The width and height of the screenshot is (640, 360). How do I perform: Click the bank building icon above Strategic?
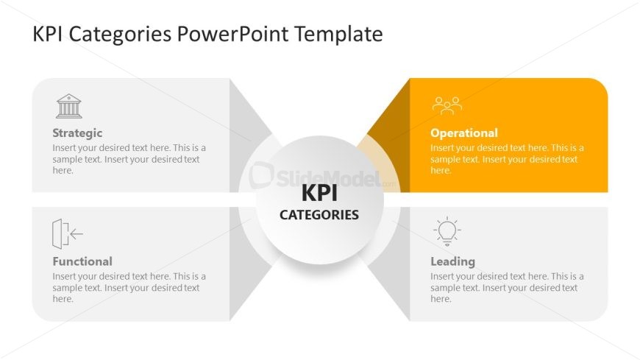tap(69, 106)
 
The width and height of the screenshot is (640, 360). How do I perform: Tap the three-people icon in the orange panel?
tap(447, 105)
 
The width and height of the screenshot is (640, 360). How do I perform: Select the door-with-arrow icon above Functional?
tap(68, 233)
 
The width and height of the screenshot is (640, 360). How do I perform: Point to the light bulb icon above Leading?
tap(447, 231)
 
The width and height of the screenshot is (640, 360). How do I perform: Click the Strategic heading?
tap(77, 133)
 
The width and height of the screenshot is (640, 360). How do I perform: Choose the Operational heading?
tap(464, 133)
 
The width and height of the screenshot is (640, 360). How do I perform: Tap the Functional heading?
tap(82, 261)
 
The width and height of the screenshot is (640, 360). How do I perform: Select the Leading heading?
tap(452, 261)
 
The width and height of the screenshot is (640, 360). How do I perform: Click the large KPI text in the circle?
tap(319, 193)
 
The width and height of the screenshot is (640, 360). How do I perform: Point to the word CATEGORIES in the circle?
tap(319, 215)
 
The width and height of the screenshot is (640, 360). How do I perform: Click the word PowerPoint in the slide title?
tap(232, 34)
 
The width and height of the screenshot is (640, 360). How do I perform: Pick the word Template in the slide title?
tap(338, 35)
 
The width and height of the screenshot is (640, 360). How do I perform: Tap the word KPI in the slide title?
tap(47, 34)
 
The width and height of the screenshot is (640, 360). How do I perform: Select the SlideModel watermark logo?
tap(316, 177)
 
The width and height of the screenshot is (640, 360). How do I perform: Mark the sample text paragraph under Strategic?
tap(129, 159)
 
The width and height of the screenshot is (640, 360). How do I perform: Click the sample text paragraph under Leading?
tap(507, 288)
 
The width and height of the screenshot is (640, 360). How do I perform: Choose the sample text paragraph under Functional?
tap(129, 288)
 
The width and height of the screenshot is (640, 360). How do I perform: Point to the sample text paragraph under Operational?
tap(507, 159)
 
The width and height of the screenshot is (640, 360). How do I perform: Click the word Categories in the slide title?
tap(120, 35)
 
